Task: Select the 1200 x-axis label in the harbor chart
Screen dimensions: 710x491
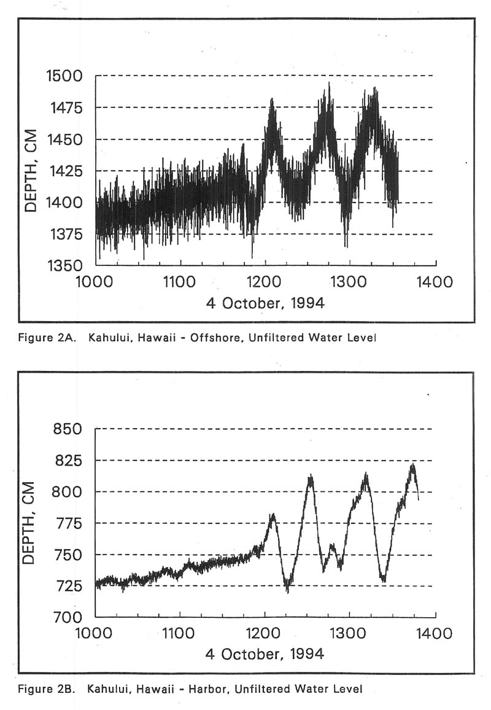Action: point(265,633)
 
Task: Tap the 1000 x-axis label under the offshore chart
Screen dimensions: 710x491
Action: point(95,283)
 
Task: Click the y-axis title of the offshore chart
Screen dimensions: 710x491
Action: point(31,171)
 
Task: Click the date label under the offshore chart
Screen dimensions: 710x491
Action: point(265,303)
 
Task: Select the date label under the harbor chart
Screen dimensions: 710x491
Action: point(265,653)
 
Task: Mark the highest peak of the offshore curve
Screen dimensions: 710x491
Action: point(328,84)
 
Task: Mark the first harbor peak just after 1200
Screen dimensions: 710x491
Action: point(272,514)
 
